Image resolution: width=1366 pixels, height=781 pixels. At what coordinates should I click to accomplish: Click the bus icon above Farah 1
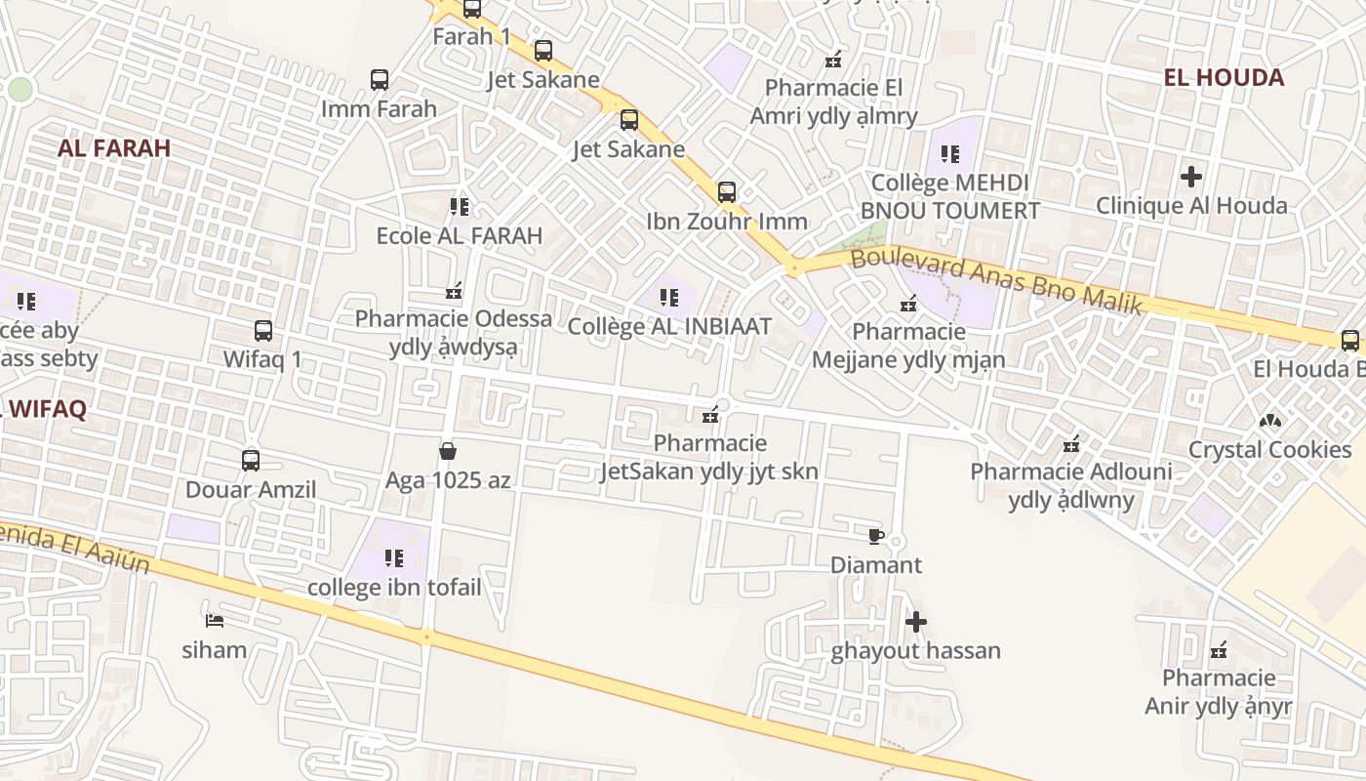[x=472, y=10]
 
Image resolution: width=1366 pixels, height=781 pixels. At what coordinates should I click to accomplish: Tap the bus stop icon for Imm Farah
[x=380, y=80]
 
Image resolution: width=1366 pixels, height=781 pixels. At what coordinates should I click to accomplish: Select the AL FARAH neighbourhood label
[x=114, y=148]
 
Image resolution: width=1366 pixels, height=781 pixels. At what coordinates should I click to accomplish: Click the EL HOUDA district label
[x=1224, y=77]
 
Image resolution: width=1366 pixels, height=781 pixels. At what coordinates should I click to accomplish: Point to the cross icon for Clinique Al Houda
[x=1191, y=177]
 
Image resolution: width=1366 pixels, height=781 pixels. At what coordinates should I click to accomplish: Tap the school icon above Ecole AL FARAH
[x=460, y=207]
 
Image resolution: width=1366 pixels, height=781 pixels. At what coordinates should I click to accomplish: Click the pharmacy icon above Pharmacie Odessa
[x=454, y=290]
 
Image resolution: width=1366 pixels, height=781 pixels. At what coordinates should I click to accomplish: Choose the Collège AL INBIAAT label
[x=669, y=326]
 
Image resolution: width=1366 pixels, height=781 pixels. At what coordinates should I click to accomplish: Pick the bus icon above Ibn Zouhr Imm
[x=727, y=192]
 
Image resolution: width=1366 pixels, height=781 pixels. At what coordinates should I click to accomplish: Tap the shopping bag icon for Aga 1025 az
[x=448, y=451]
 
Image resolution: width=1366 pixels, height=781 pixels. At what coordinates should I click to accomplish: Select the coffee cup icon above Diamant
[x=875, y=536]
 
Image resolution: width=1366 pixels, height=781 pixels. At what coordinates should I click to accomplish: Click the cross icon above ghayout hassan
[x=915, y=622]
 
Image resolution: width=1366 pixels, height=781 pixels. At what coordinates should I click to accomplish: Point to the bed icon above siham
[x=215, y=621]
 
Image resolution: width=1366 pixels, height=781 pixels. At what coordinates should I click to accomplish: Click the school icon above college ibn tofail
[x=394, y=558]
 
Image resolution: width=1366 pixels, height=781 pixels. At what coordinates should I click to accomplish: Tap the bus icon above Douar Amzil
[x=251, y=461]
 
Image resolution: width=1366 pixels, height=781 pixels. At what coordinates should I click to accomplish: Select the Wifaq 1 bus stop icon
[x=263, y=331]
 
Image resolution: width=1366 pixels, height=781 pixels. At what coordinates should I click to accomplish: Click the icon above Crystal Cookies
[x=1269, y=421]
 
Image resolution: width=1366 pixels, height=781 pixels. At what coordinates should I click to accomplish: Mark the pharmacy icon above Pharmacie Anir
[x=1219, y=650]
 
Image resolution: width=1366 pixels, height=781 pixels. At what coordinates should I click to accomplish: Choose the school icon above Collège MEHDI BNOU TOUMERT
[x=950, y=154]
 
